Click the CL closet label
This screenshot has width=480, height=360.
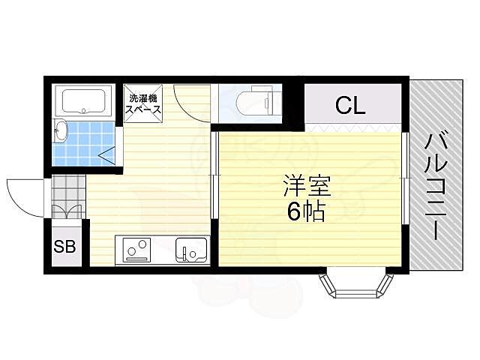pos(349,106)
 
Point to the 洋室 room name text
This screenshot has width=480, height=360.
pos(307,185)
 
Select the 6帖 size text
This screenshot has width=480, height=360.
pos(306,212)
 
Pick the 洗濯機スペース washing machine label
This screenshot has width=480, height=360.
pos(143,103)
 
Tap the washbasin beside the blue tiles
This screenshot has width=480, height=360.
pos(62,132)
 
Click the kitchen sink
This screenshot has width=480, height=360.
pos(190,249)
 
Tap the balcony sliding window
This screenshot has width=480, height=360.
pos(406,178)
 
